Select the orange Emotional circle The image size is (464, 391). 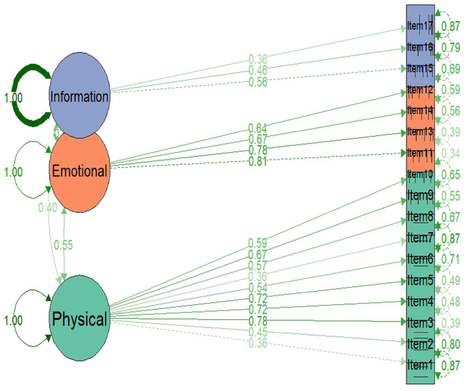pyautogui.click(x=79, y=171)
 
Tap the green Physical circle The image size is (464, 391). pyautogui.click(x=79, y=319)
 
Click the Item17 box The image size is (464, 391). pyautogui.click(x=420, y=26)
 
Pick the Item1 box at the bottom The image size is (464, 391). pyautogui.click(x=420, y=363)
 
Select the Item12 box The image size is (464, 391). pyautogui.click(x=420, y=90)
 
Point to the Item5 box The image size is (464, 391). pyautogui.click(x=420, y=280)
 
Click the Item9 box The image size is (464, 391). pyautogui.click(x=420, y=196)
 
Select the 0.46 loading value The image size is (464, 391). pyautogui.click(x=257, y=70)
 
